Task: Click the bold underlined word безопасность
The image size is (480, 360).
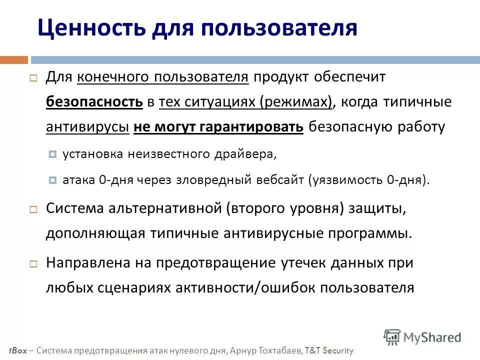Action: pyautogui.click(x=94, y=102)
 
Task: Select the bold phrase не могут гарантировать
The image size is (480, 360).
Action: pyautogui.click(x=219, y=127)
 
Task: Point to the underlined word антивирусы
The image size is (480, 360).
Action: pyautogui.click(x=87, y=127)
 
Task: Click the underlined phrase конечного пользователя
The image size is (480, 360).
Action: pyautogui.click(x=163, y=77)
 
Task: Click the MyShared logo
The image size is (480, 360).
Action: pyautogui.click(x=422, y=337)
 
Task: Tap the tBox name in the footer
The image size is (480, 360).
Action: pyautogui.click(x=16, y=350)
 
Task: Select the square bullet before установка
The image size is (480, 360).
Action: pyautogui.click(x=53, y=154)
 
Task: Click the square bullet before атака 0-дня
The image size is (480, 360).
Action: pyautogui.click(x=53, y=180)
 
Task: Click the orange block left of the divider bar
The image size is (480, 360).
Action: pyautogui.click(x=13, y=60)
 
